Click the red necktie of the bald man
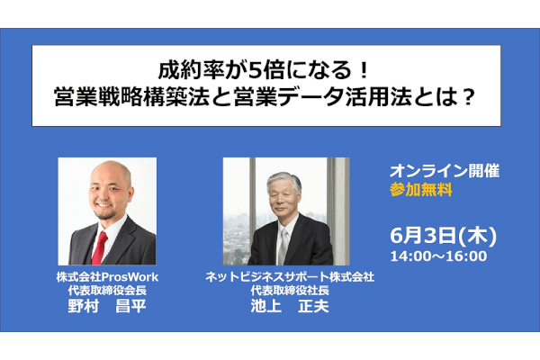[x=99, y=248]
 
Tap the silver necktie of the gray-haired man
[x=283, y=247]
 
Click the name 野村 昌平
[x=107, y=306]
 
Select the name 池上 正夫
[x=290, y=306]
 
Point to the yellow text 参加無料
[x=421, y=190]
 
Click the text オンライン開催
[x=445, y=171]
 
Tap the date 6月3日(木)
[x=443, y=236]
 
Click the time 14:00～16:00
[x=438, y=256]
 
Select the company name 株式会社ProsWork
[x=107, y=277]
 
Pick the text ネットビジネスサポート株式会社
[x=290, y=277]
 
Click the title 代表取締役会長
[x=107, y=291]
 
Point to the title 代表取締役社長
[x=290, y=291]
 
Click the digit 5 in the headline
[x=256, y=72]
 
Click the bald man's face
[x=110, y=193]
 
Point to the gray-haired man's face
[x=283, y=199]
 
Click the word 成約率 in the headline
[x=191, y=71]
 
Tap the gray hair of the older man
[x=284, y=181]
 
